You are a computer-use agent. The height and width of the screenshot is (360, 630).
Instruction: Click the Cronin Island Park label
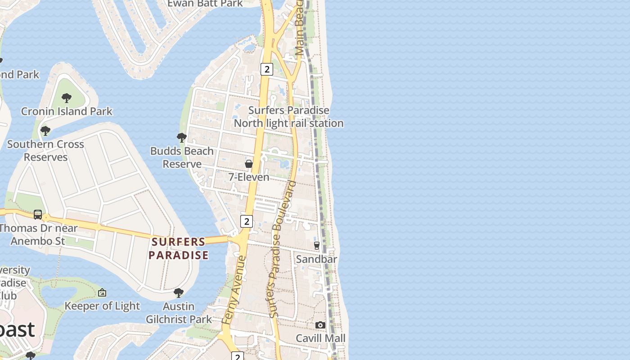click(x=67, y=111)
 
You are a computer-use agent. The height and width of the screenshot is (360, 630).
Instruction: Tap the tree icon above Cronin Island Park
click(x=67, y=98)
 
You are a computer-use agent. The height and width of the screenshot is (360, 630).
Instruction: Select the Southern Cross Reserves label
click(x=45, y=151)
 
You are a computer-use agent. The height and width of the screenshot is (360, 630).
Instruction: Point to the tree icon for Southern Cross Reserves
click(x=45, y=131)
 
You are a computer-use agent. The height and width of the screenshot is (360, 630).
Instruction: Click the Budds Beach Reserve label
click(x=182, y=157)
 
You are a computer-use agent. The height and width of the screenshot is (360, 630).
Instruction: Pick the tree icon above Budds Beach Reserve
click(x=182, y=137)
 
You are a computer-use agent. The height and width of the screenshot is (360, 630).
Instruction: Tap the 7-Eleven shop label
click(x=249, y=177)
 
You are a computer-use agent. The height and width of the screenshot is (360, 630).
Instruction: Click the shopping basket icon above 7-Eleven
click(x=249, y=164)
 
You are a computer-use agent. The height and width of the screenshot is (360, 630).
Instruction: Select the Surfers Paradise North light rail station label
click(x=288, y=117)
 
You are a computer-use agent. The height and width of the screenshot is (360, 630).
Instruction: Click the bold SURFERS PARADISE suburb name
click(x=179, y=248)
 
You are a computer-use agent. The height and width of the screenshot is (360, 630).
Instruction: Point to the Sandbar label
click(x=316, y=259)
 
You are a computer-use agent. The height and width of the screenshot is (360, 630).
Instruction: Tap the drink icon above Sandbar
click(x=317, y=246)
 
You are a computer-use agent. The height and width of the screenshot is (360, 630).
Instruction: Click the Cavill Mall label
click(x=320, y=338)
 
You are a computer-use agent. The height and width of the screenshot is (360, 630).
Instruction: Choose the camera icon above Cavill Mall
click(x=320, y=325)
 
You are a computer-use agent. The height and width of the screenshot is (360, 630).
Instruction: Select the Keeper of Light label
click(x=102, y=306)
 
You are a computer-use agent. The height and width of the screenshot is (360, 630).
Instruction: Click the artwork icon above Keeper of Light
click(x=102, y=292)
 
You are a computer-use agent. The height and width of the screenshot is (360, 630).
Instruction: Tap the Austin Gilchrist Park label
click(x=179, y=313)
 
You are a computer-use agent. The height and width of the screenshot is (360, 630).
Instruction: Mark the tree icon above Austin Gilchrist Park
click(x=179, y=293)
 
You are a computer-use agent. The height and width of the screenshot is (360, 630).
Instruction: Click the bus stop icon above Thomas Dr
click(x=38, y=215)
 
